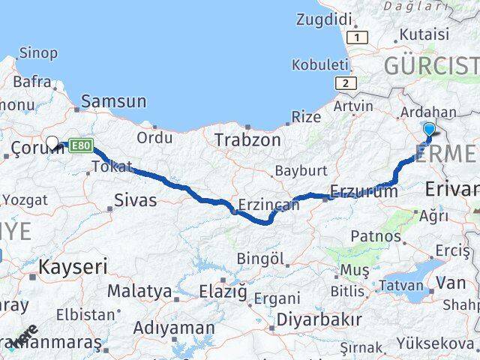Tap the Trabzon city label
(x=247, y=140)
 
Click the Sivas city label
(x=136, y=199)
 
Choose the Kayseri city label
(x=73, y=266)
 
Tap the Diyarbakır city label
(x=319, y=319)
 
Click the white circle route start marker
(x=52, y=142)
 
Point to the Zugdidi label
(x=324, y=19)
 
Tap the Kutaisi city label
(x=424, y=34)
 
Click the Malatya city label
(x=139, y=290)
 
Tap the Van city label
(x=451, y=283)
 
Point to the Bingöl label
(x=260, y=259)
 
